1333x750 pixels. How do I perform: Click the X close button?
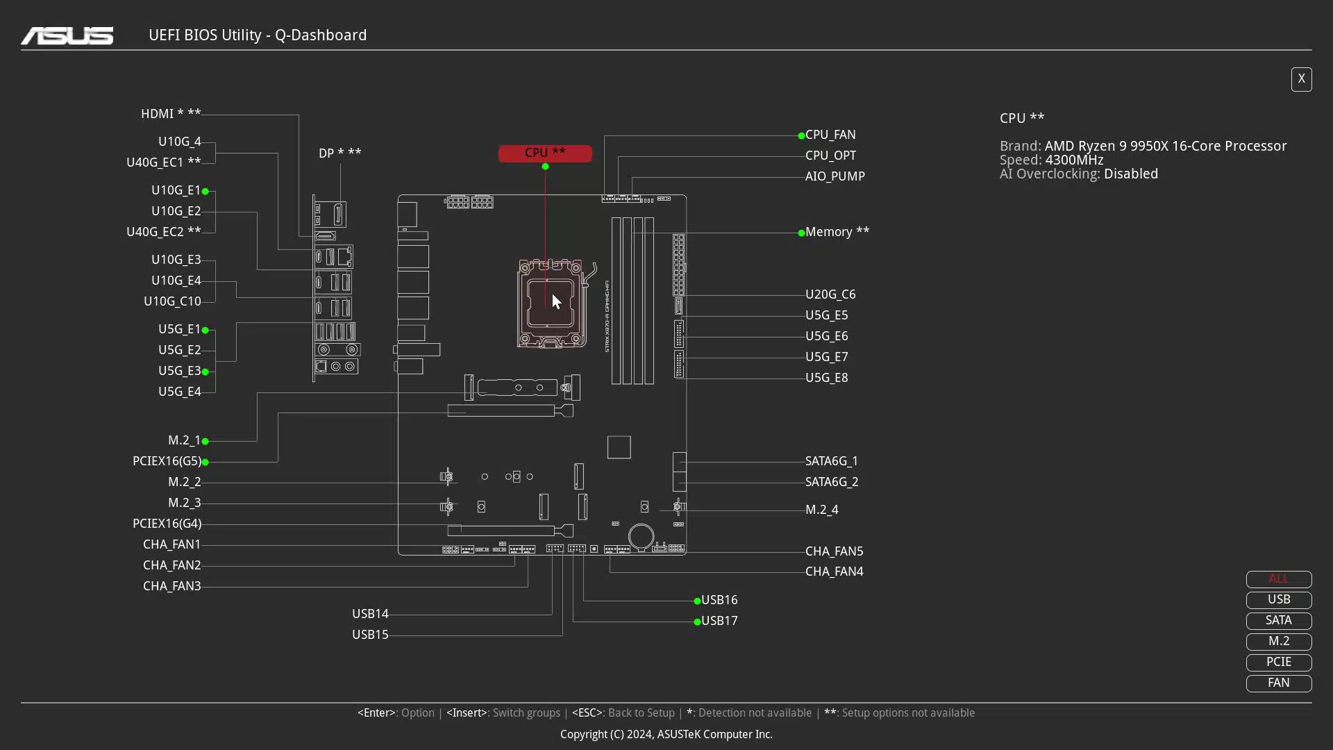click(1301, 79)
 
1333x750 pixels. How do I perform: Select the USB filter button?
click(1279, 600)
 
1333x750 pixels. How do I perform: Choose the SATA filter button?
click(1279, 621)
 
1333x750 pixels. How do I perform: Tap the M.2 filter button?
click(1279, 642)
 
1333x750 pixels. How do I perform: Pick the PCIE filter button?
click(1279, 662)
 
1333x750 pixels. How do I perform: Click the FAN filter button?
click(1279, 683)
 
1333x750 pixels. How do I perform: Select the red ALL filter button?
click(1279, 579)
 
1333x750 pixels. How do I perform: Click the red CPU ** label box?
click(545, 153)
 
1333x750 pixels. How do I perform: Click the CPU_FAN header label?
click(830, 135)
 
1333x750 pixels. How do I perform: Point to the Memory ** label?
click(837, 232)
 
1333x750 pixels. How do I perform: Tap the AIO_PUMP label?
click(835, 176)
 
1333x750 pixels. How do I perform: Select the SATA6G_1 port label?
click(832, 461)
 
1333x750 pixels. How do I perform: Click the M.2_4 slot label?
click(822, 510)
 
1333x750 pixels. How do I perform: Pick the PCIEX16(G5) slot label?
click(167, 461)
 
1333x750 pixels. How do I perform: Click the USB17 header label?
click(719, 621)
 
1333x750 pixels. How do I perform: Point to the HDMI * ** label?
click(171, 114)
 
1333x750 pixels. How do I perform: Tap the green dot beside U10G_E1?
click(206, 191)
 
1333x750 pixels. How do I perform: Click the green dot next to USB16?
click(697, 601)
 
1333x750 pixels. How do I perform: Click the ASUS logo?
click(67, 35)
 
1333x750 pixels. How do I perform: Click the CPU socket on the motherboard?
click(552, 303)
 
